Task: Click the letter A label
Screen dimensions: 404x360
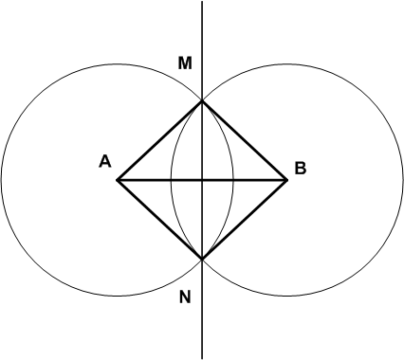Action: [x=105, y=162]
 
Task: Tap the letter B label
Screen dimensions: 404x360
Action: [x=301, y=168]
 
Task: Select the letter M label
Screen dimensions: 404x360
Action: [x=185, y=63]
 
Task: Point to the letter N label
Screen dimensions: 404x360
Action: [x=185, y=297]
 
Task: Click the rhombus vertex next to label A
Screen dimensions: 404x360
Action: [x=117, y=180]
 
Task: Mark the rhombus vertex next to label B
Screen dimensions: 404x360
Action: [x=287, y=180]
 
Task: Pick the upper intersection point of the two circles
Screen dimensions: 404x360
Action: [x=202, y=100]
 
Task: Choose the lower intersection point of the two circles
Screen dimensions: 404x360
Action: [x=202, y=260]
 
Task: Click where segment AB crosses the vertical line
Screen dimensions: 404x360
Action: [x=202, y=180]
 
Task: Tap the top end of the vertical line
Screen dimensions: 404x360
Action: [x=202, y=1]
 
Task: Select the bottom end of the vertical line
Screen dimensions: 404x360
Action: [x=202, y=359]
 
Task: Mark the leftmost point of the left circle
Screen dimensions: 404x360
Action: [x=1, y=180]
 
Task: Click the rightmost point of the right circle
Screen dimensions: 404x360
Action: [x=403, y=180]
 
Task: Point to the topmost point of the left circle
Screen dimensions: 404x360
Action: [x=117, y=64]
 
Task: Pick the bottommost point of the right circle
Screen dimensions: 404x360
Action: [x=287, y=297]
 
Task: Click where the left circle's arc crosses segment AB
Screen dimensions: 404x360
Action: [x=233, y=180]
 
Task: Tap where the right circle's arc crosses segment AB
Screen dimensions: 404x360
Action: [x=172, y=180]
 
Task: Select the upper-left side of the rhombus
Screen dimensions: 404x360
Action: [x=159, y=140]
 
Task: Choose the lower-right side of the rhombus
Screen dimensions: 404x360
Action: [x=245, y=220]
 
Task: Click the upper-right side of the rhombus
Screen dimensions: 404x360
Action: [x=245, y=140]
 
